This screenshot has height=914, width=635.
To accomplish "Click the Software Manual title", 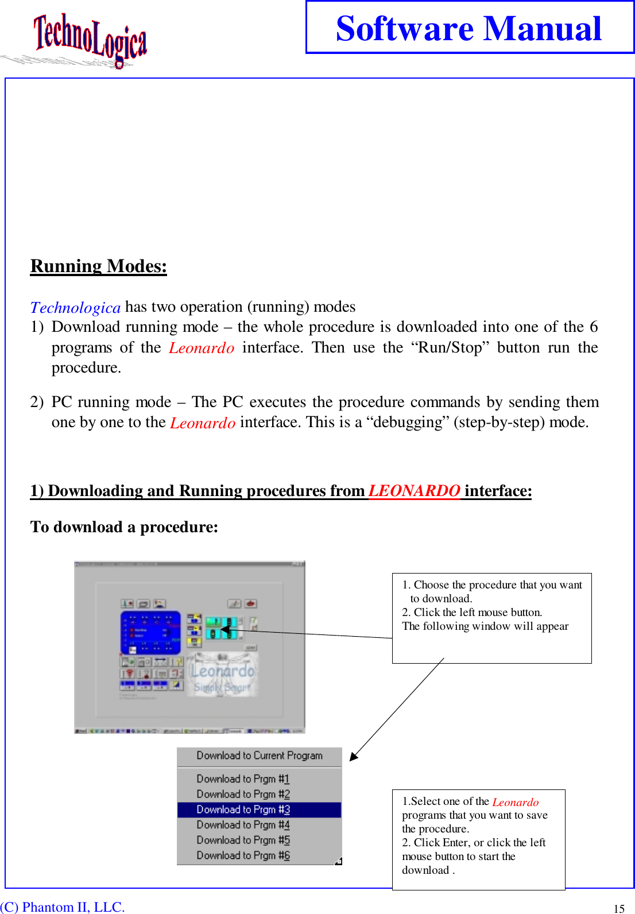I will (x=468, y=28).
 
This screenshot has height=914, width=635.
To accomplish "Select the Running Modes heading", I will (x=98, y=266).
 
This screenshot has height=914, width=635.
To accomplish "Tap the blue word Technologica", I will (x=75, y=308).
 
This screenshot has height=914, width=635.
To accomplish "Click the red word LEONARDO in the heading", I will (x=413, y=491).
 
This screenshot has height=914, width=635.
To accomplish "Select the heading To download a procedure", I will (x=124, y=527).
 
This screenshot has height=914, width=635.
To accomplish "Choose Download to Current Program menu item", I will (x=260, y=756).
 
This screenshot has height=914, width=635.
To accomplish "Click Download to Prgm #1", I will (x=243, y=779).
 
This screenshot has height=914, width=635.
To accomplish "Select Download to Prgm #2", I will (x=243, y=794).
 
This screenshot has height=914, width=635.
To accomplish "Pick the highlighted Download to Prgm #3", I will (x=243, y=810).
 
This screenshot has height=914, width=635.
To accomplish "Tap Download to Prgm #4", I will (x=243, y=825).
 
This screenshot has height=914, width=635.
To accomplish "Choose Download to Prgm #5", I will (x=243, y=840).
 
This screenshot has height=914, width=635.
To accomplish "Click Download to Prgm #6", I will (x=243, y=855).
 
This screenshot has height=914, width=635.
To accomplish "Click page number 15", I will (x=619, y=908).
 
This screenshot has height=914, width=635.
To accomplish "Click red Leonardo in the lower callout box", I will (x=515, y=802).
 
